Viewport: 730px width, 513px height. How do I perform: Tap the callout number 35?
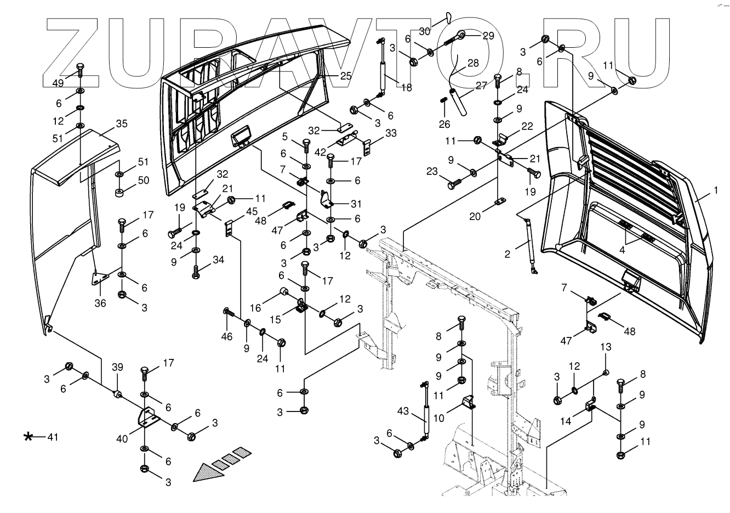click(121, 123)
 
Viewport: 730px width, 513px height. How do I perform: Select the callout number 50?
click(144, 181)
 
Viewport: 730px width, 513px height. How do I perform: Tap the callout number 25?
click(345, 75)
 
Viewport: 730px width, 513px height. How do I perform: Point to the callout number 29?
click(488, 36)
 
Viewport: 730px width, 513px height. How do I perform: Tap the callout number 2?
click(507, 254)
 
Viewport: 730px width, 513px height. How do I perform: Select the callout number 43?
click(403, 411)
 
